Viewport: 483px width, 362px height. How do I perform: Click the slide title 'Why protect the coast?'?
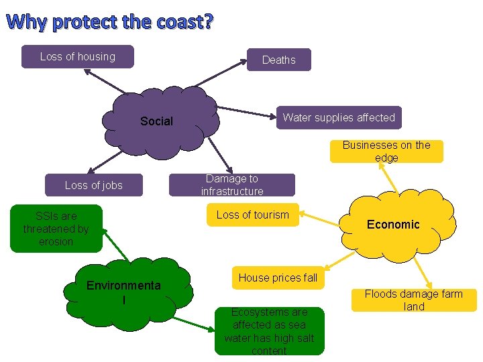111,22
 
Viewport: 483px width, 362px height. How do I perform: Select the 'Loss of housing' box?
77,57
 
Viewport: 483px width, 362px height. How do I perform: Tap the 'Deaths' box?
278,60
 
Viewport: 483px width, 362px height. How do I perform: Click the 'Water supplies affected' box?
339,117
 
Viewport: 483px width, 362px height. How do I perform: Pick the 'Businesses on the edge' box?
386,152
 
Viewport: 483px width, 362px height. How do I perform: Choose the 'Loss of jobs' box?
94,185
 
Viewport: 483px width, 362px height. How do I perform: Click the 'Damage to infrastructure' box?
231,185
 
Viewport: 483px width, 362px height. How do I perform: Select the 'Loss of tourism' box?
252,215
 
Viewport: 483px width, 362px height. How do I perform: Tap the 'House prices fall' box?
278,278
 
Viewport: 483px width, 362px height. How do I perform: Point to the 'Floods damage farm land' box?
414,300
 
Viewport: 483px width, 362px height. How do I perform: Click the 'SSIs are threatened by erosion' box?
56,229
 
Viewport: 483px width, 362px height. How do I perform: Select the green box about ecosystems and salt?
269,331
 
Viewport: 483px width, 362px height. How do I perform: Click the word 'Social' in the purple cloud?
156,121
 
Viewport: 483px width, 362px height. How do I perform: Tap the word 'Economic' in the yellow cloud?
393,225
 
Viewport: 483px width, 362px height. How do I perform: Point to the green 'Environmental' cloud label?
123,292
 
